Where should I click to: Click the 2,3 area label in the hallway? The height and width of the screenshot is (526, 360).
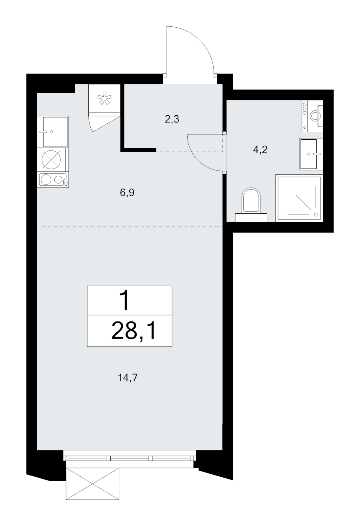click(x=172, y=119)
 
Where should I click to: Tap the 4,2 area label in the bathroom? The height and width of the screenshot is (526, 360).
click(x=260, y=149)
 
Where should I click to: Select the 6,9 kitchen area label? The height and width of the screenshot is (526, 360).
click(x=127, y=193)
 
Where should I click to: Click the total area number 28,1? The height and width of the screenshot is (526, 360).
click(x=134, y=331)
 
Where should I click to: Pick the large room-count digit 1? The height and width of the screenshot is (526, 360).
click(x=125, y=300)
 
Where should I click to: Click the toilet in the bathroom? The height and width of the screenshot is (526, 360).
click(x=251, y=204)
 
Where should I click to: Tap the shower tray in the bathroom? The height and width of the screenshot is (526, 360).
click(x=299, y=198)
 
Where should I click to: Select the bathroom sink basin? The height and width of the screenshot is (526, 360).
click(x=311, y=154)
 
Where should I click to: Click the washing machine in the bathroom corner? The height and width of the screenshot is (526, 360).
click(x=312, y=116)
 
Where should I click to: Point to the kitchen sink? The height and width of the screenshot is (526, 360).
click(x=53, y=132)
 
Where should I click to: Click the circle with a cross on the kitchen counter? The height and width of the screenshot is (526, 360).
click(x=51, y=159)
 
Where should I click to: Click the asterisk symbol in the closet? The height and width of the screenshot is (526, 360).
click(x=104, y=98)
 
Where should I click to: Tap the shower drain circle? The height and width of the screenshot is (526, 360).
click(x=316, y=215)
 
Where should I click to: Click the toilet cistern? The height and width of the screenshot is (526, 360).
click(x=251, y=217)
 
